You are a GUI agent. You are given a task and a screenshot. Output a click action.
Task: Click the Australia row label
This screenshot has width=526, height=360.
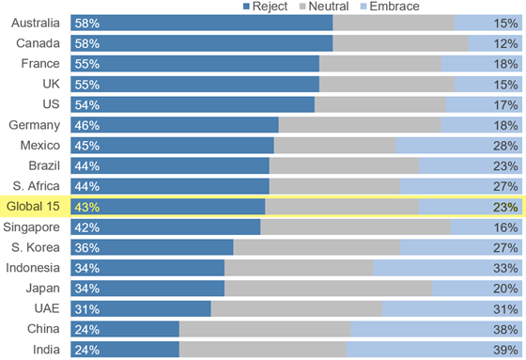click(x=35, y=23)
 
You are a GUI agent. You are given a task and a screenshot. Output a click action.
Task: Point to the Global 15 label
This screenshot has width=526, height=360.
click(x=33, y=207)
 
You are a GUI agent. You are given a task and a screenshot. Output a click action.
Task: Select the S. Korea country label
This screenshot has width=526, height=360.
click(x=36, y=248)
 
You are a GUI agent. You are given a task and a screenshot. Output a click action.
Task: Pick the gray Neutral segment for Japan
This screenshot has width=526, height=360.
click(x=328, y=289)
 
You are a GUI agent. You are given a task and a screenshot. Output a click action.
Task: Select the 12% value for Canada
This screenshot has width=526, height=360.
click(x=505, y=43)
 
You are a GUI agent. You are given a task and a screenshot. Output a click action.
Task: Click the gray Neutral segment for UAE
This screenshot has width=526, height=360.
click(x=296, y=309)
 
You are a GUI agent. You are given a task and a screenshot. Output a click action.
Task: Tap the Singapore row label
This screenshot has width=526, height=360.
click(x=34, y=227)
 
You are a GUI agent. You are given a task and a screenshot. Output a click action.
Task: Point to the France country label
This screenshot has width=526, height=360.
click(x=40, y=64)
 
